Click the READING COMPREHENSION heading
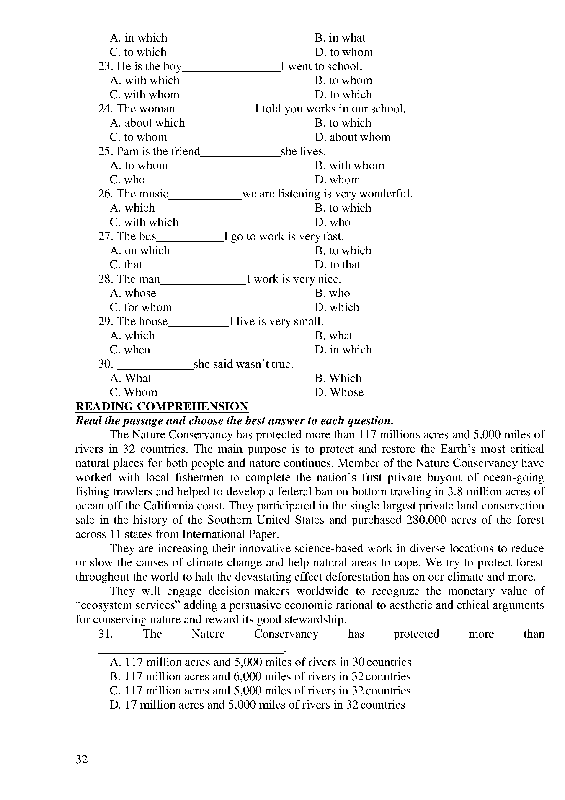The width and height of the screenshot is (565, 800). coord(162,407)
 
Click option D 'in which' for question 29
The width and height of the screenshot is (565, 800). coord(343,350)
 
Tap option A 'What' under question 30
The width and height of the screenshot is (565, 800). coord(131,378)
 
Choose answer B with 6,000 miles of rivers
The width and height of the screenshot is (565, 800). coord(260,677)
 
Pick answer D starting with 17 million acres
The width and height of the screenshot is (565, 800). coord(257,705)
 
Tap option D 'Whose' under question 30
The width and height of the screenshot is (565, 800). coord(339,393)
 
